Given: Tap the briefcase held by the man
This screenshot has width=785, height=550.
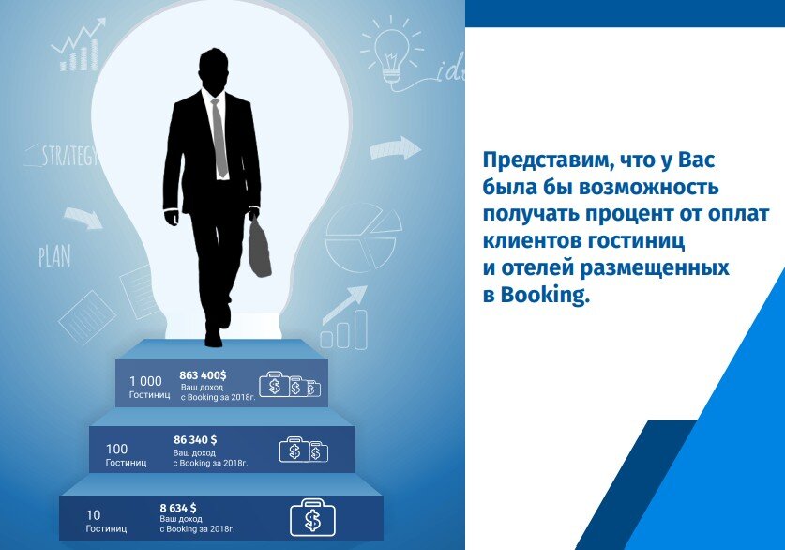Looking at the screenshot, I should (x=259, y=247).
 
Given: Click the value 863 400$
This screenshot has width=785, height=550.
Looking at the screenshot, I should (x=203, y=375).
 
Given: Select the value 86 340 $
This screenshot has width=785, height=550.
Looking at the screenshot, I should (x=195, y=439).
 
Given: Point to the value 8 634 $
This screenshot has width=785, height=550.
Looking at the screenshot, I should (x=178, y=508).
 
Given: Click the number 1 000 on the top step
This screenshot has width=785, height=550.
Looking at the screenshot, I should (x=145, y=381).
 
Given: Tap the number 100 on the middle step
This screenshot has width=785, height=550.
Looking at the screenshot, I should (x=117, y=449).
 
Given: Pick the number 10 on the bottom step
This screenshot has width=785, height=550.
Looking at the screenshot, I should (x=93, y=515).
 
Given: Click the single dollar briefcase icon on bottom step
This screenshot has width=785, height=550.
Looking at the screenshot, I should (x=311, y=517).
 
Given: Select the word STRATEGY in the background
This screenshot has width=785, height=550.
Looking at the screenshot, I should (x=68, y=156).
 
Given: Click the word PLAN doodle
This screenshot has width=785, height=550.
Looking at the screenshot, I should (x=54, y=255).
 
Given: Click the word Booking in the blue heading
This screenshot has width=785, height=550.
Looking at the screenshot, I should (x=544, y=294).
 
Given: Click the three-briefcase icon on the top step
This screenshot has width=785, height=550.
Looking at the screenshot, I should (x=289, y=385).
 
